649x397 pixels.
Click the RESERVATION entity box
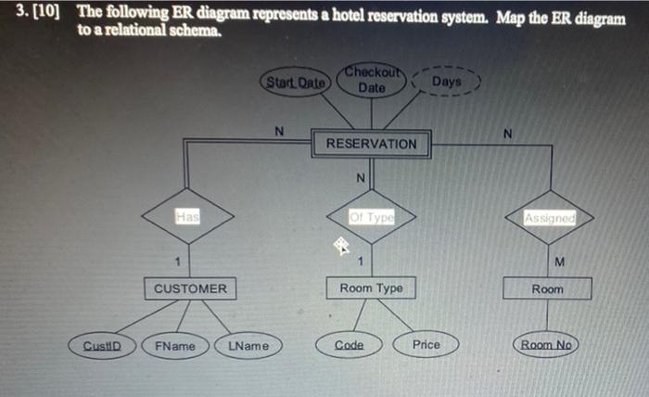pyautogui.click(x=372, y=145)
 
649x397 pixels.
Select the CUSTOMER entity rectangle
pyautogui.click(x=189, y=288)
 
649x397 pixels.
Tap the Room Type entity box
pyautogui.click(x=371, y=288)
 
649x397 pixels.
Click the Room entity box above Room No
pyautogui.click(x=546, y=288)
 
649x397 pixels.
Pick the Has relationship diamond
pyautogui.click(x=188, y=217)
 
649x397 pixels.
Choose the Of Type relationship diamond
pyautogui.click(x=372, y=217)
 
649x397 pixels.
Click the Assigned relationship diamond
pyautogui.click(x=550, y=217)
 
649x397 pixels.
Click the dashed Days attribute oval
pyautogui.click(x=446, y=83)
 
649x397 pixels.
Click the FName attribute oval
pyautogui.click(x=175, y=345)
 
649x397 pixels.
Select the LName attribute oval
pyautogui.click(x=248, y=345)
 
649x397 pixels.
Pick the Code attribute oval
pyautogui.click(x=349, y=344)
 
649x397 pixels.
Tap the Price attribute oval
pyautogui.click(x=426, y=344)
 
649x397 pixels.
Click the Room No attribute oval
pyautogui.click(x=547, y=345)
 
